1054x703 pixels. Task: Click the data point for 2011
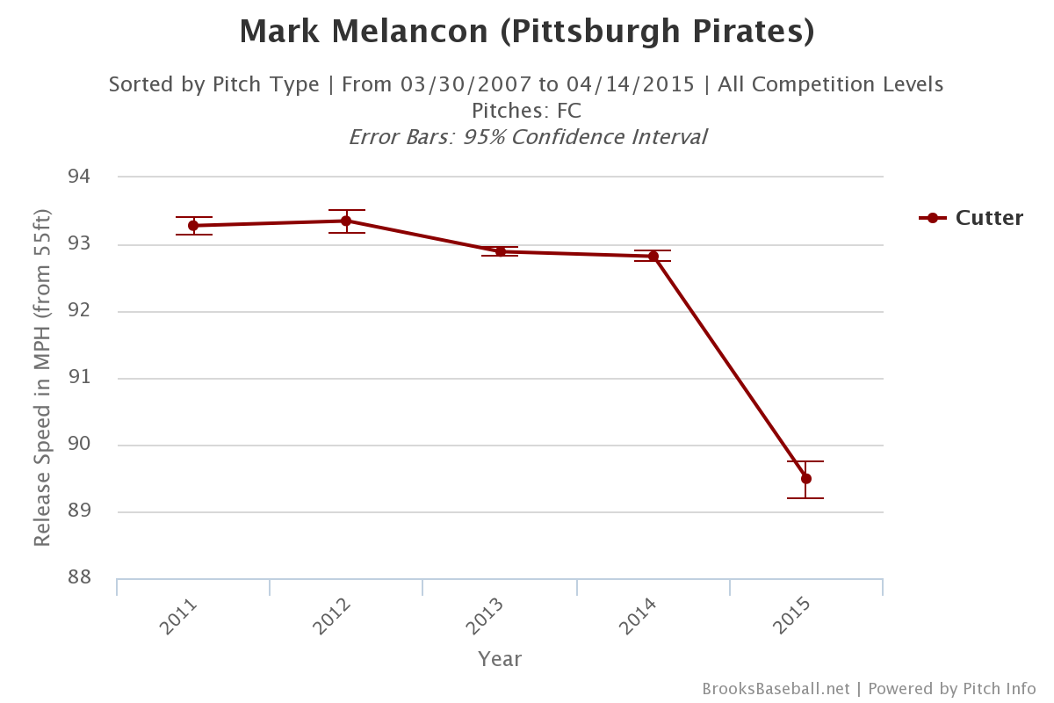tap(193, 226)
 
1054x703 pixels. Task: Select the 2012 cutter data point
tap(346, 221)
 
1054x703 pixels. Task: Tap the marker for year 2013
tap(500, 251)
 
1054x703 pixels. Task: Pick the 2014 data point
tap(653, 256)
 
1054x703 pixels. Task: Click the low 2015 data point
tap(806, 479)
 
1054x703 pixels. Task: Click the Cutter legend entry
tap(971, 218)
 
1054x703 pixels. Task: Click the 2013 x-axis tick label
tap(486, 617)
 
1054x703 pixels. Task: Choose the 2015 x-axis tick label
tap(792, 617)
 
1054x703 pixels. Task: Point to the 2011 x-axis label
tap(179, 617)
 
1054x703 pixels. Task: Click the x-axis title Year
tap(500, 659)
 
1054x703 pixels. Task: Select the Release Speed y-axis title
tap(42, 378)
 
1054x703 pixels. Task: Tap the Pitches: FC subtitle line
tap(526, 112)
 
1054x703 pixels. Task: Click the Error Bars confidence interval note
tap(527, 138)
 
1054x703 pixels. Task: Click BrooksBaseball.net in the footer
tap(776, 689)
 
